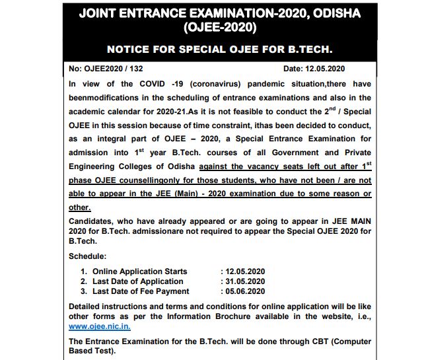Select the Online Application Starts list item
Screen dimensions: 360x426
click(x=139, y=271)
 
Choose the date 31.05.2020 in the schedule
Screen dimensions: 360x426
click(x=245, y=281)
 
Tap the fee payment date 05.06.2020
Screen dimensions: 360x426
click(x=245, y=291)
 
